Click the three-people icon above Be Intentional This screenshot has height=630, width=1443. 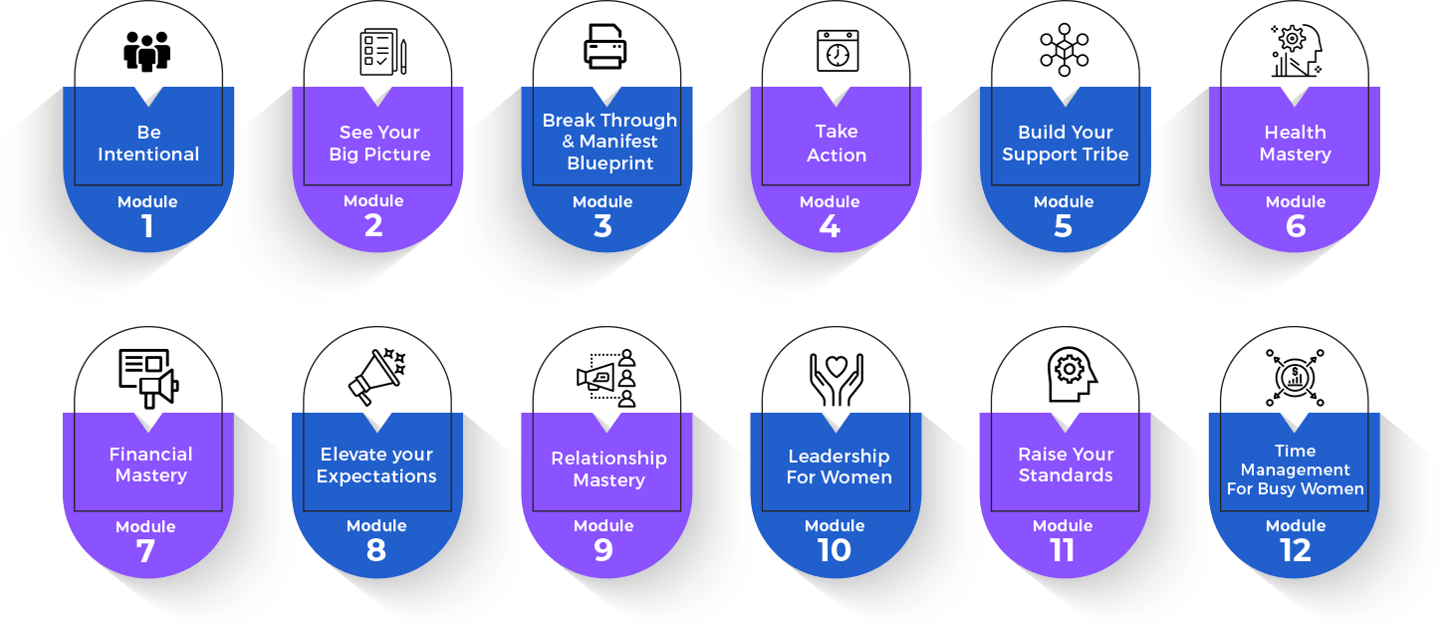click(146, 52)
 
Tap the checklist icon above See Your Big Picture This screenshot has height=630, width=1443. click(383, 52)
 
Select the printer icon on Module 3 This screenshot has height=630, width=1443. click(604, 47)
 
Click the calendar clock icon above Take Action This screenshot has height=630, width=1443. click(838, 51)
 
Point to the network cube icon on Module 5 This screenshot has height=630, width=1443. click(1065, 50)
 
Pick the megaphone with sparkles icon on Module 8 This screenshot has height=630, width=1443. click(376, 377)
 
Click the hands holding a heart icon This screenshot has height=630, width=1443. click(837, 380)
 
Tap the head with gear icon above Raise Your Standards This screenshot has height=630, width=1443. click(1072, 375)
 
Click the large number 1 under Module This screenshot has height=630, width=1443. click(147, 226)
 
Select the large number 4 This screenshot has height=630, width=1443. click(830, 226)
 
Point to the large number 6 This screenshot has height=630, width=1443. click(1296, 226)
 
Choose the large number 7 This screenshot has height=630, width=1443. click(145, 551)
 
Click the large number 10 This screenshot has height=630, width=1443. click(835, 550)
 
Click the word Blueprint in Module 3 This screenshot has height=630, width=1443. click(610, 163)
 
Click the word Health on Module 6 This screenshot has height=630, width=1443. click(1295, 133)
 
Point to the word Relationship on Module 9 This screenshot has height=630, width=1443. click(608, 460)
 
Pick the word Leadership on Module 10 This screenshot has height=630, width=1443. click(839, 457)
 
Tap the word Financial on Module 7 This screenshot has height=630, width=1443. click(150, 454)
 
